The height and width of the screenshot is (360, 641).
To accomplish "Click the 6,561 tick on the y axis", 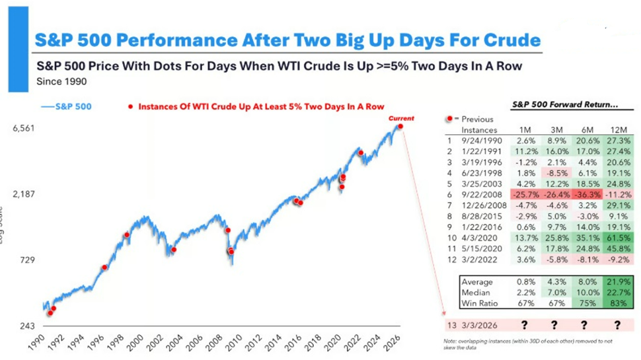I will tap(25, 128).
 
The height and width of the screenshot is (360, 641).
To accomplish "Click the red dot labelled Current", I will tap(400, 126).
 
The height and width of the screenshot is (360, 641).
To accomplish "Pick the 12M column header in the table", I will tap(617, 130).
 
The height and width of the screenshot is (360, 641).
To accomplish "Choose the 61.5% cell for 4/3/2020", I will tap(616, 236).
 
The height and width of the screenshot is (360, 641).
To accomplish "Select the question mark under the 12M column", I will tap(616, 325).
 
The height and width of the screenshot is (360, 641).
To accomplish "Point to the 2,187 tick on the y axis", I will tap(25, 194).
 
